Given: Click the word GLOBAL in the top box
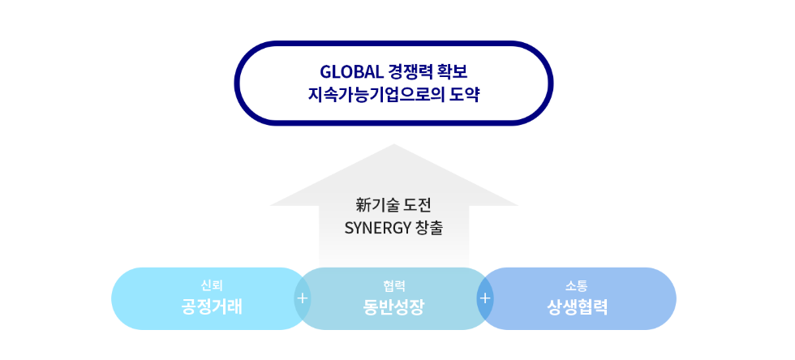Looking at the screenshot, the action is (x=351, y=72).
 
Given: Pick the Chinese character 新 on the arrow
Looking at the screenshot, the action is (x=363, y=205).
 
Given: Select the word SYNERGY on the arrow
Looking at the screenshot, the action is (x=376, y=228).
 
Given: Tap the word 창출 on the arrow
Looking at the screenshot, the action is (x=429, y=228).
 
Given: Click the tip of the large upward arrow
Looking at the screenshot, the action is (x=393, y=144).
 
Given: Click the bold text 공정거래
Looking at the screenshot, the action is (x=212, y=307).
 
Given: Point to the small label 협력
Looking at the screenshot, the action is (x=394, y=286).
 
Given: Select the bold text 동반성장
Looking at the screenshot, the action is (x=394, y=307).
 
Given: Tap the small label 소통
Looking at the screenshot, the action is (x=577, y=286).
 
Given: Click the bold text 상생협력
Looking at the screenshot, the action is (x=577, y=307).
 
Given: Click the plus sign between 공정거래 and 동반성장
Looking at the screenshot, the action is (x=303, y=298).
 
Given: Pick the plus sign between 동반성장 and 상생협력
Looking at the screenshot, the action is (x=485, y=298).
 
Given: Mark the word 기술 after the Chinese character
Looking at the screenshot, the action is (x=385, y=205).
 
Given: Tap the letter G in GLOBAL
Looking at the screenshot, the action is (x=325, y=72).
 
